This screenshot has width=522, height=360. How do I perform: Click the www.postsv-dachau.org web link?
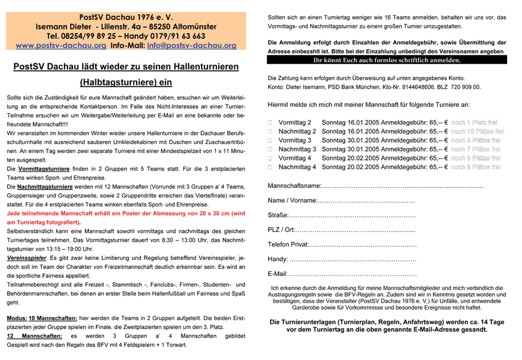pos(61,45)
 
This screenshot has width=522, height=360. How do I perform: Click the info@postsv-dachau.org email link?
pos(191,45)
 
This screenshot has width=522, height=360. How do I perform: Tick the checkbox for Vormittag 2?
pos(270,123)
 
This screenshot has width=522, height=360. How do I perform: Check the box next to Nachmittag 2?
pos(270,132)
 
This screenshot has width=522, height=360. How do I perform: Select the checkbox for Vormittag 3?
pos(270,141)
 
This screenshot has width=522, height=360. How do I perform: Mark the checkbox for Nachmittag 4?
pos(270,167)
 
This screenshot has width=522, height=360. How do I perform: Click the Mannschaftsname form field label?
pos(295,187)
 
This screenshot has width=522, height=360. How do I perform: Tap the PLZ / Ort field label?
pos(281,229)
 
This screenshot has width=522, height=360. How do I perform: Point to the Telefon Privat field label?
pos(288,245)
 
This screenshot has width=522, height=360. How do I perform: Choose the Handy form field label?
pos(277,259)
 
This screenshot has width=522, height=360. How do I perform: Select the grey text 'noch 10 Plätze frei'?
pos(477,132)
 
